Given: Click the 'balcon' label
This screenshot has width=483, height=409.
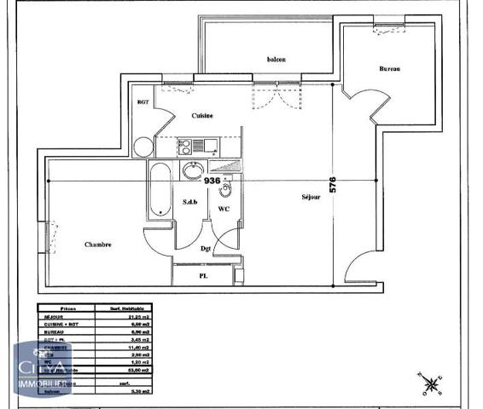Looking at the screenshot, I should pos(276,59).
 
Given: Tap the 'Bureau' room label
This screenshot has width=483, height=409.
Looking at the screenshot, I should pos(390,69).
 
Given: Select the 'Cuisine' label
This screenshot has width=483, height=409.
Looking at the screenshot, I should pos(202,115).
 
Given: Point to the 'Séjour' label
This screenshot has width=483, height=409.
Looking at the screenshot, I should pos(311,197).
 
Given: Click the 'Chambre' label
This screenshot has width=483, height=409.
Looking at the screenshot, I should pos(98,245).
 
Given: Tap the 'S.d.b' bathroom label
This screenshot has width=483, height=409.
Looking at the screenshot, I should pos(190,202).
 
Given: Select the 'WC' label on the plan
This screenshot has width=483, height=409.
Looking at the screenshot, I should pos(224,209).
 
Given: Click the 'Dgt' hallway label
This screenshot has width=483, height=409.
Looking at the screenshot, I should pos(206,249).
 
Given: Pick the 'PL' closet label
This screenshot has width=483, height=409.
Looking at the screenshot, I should pos(203,277).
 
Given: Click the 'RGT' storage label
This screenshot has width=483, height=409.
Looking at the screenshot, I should pos(143,103).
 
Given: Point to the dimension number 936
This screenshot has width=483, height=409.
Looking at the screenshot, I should pos(212,181).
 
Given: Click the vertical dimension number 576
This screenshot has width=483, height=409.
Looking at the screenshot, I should pos(334,185).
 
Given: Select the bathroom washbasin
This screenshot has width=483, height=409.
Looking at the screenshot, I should pos(192,169).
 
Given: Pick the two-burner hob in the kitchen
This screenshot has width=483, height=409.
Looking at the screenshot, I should pos(185,147).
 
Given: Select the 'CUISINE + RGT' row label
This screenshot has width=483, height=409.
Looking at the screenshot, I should pos(61,324).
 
